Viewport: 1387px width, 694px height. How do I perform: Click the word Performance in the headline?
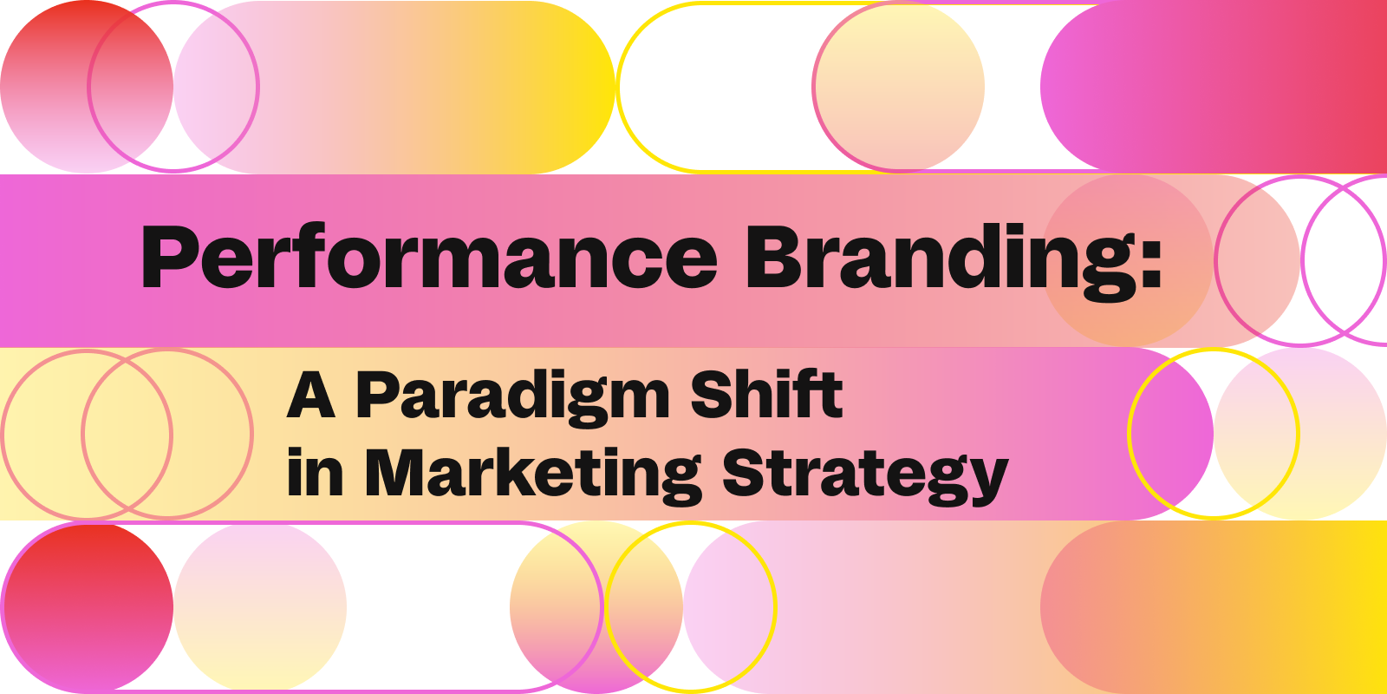coord(429,257)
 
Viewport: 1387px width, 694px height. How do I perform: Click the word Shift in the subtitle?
coord(766,394)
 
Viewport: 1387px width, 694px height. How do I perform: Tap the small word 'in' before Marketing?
coord(316,472)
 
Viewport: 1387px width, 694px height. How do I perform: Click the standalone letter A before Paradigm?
coord(311,396)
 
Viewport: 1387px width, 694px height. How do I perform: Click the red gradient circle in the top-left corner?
coord(87,87)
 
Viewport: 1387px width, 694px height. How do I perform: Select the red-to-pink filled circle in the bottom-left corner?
coord(87,607)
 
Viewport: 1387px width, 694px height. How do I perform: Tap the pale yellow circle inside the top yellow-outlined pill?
coord(898,87)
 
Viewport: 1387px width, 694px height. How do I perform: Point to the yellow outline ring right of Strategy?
coord(1128,434)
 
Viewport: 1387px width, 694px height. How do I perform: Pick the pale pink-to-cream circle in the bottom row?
coord(260,607)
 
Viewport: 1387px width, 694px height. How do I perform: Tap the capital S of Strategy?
coord(744,473)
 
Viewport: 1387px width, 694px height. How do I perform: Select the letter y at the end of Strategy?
coord(987,483)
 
